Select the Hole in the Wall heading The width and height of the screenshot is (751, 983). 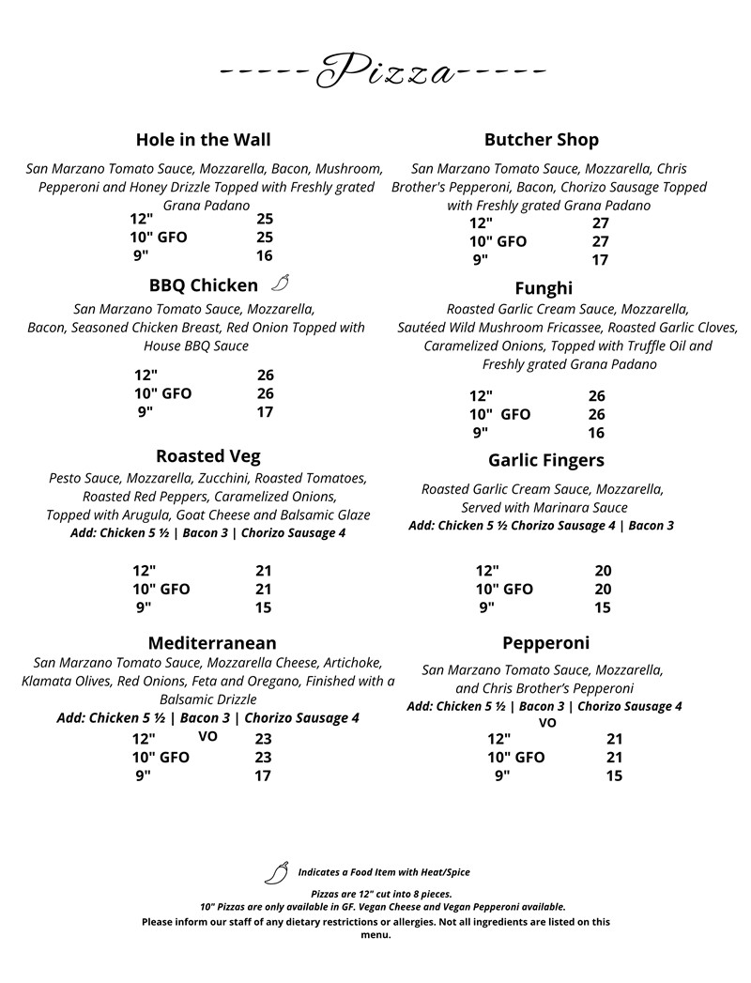(x=203, y=140)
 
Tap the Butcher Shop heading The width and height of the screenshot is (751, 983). (x=541, y=140)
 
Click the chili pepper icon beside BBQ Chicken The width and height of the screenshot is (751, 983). (x=281, y=284)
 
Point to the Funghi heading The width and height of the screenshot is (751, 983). (x=543, y=288)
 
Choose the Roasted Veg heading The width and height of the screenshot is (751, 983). (x=207, y=456)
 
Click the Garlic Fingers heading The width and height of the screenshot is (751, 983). (x=545, y=460)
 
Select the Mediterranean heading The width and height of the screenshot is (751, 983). (x=212, y=643)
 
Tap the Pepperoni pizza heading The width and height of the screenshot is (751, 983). (x=545, y=643)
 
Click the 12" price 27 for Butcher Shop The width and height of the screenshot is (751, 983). (x=601, y=223)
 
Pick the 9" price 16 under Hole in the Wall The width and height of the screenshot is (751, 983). (x=264, y=255)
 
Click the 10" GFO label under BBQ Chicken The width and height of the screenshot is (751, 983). (x=162, y=393)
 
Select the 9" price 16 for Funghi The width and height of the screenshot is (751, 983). (x=596, y=433)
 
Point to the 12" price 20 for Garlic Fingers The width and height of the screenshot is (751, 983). (x=603, y=571)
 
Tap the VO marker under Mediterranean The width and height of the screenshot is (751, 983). (x=207, y=737)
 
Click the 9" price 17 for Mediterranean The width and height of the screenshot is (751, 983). (x=263, y=776)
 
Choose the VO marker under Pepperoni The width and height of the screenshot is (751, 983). (x=547, y=723)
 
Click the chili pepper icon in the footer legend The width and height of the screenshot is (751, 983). (x=276, y=873)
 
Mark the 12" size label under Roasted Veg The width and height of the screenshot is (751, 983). (x=145, y=571)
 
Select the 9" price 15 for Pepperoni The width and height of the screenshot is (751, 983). (x=614, y=776)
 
